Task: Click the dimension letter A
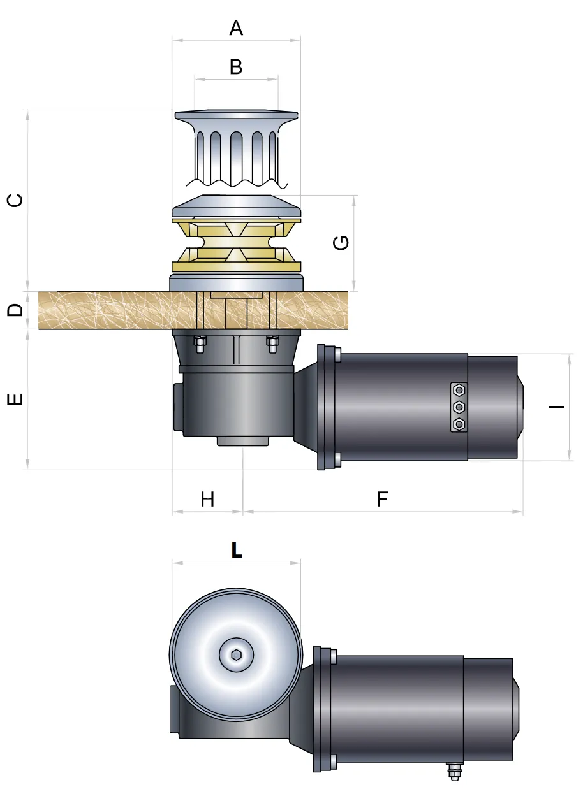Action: pyautogui.click(x=236, y=28)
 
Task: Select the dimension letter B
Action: pyautogui.click(x=236, y=66)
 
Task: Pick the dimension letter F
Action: pyautogui.click(x=382, y=499)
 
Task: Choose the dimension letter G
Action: pyautogui.click(x=342, y=243)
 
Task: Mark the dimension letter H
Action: pyautogui.click(x=207, y=499)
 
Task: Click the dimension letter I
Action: pyautogui.click(x=556, y=406)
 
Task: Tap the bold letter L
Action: pyautogui.click(x=237, y=551)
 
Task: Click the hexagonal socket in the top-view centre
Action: pyautogui.click(x=236, y=654)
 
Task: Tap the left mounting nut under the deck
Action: pyautogui.click(x=199, y=345)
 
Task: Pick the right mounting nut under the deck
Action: pyautogui.click(x=272, y=345)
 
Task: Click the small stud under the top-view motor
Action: pyautogui.click(x=454, y=772)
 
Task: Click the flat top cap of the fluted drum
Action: pyautogui.click(x=236, y=115)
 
